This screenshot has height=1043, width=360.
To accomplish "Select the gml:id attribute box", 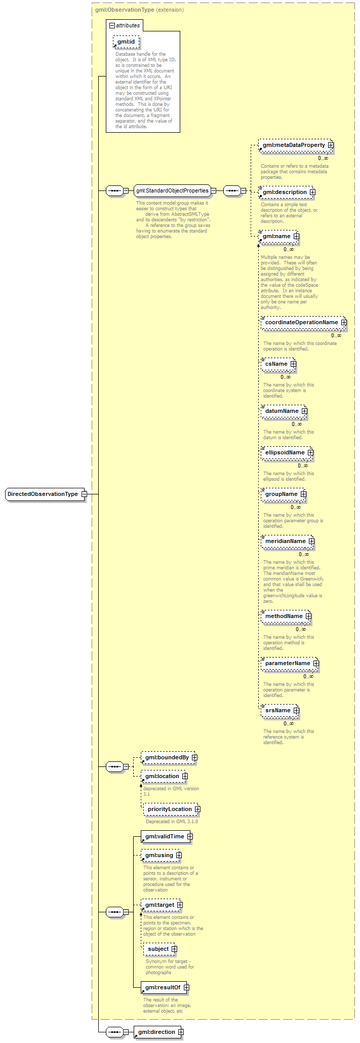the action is click(x=126, y=42).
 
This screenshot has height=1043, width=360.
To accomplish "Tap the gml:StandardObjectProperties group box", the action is click(x=172, y=191).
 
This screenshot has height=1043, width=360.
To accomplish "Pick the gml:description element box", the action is click(x=287, y=192).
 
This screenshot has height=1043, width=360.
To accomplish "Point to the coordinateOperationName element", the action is click(x=303, y=323).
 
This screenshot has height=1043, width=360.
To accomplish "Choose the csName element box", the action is click(x=278, y=364).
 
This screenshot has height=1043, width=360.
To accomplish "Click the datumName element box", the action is click(x=284, y=411).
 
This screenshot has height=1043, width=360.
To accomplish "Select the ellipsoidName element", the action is click(x=287, y=453).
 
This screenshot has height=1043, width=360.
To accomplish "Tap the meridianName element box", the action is click(x=287, y=542).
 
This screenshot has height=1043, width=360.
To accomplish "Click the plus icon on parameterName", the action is click(x=315, y=664).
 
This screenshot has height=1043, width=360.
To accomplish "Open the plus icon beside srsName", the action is click(x=296, y=711).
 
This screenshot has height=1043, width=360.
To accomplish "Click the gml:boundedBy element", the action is click(x=169, y=758).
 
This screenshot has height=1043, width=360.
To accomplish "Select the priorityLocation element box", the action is click(x=172, y=809).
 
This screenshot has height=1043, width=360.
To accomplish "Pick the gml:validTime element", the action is click(x=167, y=837).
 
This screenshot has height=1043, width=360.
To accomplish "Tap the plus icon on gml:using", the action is click(x=179, y=856).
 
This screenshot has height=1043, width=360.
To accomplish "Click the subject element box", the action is click(x=160, y=949).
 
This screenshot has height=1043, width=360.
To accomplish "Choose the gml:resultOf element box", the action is click(x=165, y=988).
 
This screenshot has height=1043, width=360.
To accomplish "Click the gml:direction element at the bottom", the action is click(x=158, y=1032).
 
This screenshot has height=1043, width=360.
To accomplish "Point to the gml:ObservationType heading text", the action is click(x=125, y=10).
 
